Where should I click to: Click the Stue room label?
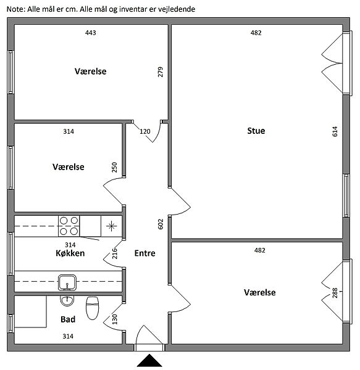point(256,131)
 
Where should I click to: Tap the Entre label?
point(145,253)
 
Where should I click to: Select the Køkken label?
point(70,253)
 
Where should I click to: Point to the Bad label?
point(68,319)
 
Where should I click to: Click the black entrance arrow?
point(149,360)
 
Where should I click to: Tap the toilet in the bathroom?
point(92,308)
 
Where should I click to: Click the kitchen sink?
point(67,282)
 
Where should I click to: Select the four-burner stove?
point(69,226)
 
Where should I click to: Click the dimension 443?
point(91,33)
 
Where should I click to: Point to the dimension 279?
point(161,72)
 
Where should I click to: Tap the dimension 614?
point(335,131)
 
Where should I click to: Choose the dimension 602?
point(161,224)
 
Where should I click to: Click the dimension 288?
point(335,293)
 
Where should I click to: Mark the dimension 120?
point(145,131)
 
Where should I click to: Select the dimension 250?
point(114,167)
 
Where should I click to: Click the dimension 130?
point(115,319)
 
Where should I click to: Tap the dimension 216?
point(115,253)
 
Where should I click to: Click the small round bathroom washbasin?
point(67,301)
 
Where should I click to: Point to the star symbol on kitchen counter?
point(112,226)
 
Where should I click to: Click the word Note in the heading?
point(16,9)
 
